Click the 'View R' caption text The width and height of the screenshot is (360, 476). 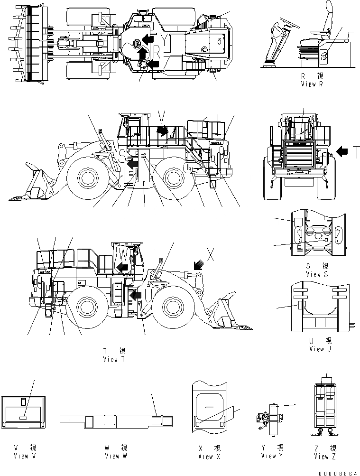coord(312,84)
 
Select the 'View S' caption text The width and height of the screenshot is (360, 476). coord(316,274)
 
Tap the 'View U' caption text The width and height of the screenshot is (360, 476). coord(316,349)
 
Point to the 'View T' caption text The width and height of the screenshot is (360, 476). coord(114,359)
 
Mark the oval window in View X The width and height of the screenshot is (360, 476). coord(209,401)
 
